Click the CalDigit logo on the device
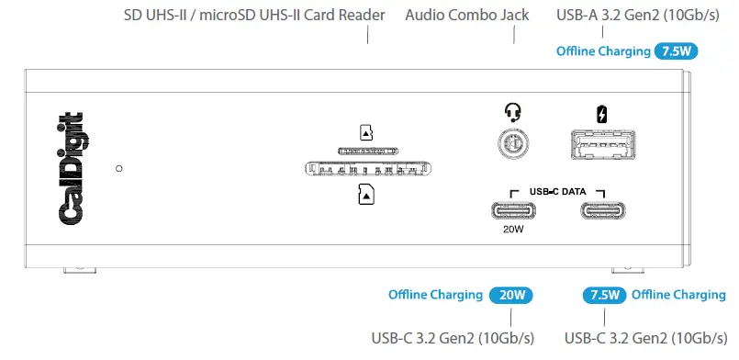(x=73, y=166)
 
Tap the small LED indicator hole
(x=119, y=169)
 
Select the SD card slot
(x=368, y=169)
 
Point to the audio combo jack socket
(x=512, y=144)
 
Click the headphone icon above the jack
(x=512, y=113)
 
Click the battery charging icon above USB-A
(x=601, y=114)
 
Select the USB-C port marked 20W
(x=512, y=208)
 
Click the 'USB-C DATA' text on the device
(x=557, y=190)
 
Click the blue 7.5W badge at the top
(x=675, y=51)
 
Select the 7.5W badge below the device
(x=605, y=296)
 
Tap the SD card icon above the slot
(x=366, y=132)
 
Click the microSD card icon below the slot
(x=366, y=194)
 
